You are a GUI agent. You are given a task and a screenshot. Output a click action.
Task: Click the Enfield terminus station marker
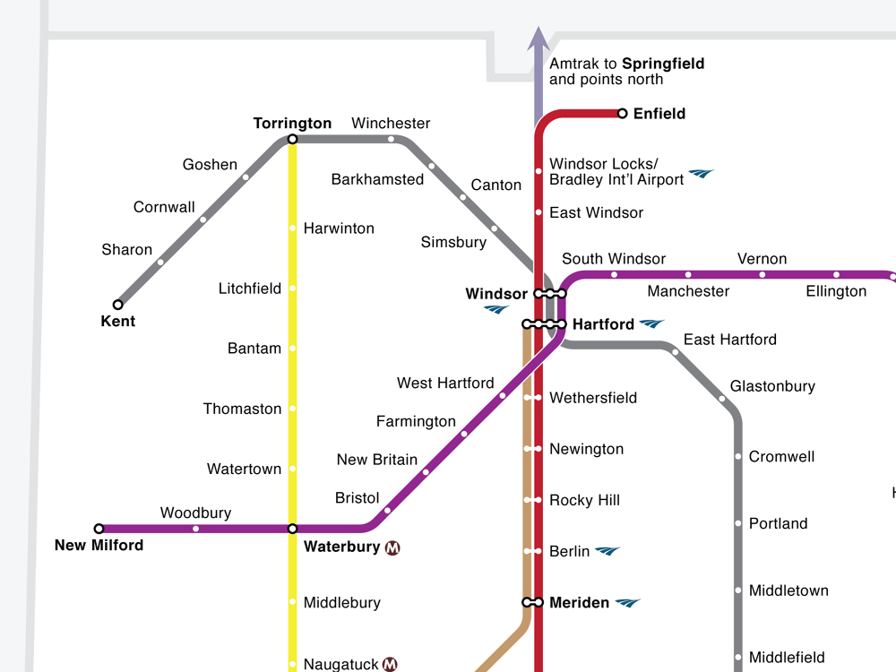click(x=623, y=114)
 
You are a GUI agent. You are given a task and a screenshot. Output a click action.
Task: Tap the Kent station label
click(x=118, y=321)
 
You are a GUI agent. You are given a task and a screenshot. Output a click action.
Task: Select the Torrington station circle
click(x=292, y=139)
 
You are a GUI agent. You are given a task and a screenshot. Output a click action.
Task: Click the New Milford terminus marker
click(x=99, y=529)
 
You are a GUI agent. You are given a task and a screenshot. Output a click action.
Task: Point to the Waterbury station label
click(x=342, y=547)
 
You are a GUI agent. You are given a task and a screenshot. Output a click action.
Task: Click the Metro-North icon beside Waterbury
click(x=392, y=547)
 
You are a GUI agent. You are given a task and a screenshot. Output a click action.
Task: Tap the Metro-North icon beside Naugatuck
click(x=390, y=664)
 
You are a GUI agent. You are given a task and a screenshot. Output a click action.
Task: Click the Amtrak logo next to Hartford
click(x=652, y=323)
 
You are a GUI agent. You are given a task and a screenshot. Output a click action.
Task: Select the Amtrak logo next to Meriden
click(x=628, y=603)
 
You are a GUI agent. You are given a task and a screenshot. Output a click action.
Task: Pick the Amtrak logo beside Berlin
click(x=607, y=551)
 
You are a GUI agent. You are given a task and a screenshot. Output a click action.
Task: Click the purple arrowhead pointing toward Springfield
click(x=538, y=38)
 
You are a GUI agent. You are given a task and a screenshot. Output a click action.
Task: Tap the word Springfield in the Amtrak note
click(x=663, y=64)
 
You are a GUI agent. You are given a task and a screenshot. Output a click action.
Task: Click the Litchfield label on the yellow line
click(x=250, y=289)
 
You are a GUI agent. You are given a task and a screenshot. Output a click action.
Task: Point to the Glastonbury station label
click(x=772, y=386)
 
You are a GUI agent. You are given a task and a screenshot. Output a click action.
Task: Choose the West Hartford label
click(x=445, y=383)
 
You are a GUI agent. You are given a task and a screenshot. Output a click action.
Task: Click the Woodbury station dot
click(x=196, y=529)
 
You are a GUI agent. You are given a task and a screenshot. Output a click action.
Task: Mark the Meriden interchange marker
click(x=533, y=603)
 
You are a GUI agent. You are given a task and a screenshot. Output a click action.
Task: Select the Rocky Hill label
click(x=584, y=500)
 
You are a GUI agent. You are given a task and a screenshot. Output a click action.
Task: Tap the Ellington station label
click(x=836, y=291)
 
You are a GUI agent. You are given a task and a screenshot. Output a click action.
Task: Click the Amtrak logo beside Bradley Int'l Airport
click(x=702, y=173)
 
